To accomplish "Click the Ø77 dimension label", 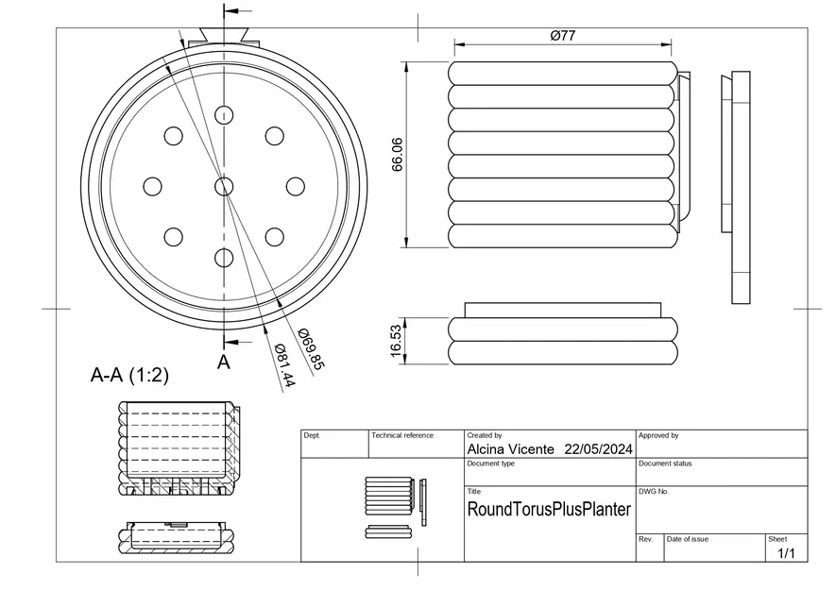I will (563, 36).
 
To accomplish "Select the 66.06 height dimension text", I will (398, 155).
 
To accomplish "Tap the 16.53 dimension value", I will (397, 341).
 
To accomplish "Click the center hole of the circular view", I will (224, 186).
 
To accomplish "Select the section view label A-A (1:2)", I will (129, 375).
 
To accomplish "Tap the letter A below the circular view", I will (224, 362).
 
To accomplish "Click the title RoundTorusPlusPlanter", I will (549, 510).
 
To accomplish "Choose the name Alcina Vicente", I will (510, 449).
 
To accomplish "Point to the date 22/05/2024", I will (598, 449).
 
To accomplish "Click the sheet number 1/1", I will (786, 553).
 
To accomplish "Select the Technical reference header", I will (402, 435).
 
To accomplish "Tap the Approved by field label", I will (658, 435).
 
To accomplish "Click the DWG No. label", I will (654, 492).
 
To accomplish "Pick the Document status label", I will (665, 464).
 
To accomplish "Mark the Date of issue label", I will (688, 538).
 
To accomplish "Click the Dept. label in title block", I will (312, 435).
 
